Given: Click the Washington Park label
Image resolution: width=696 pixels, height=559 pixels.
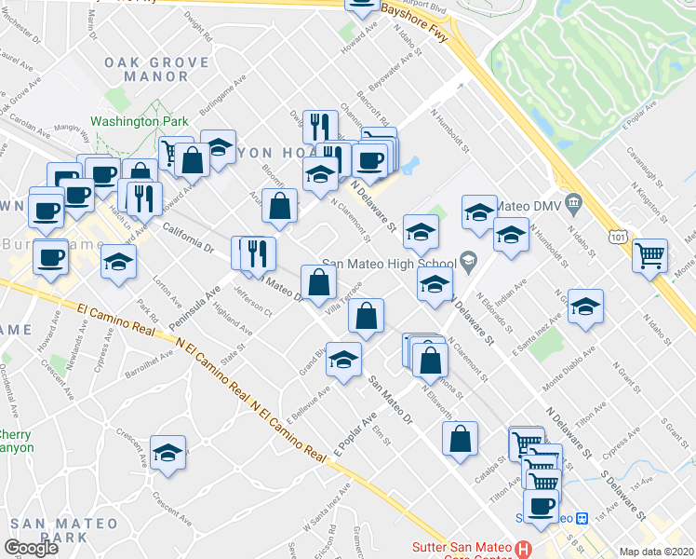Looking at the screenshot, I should click(x=140, y=121).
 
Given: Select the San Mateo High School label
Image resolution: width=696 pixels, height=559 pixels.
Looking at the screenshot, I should click(x=388, y=264).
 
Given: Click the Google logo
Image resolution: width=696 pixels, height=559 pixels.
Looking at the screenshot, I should click(x=31, y=548).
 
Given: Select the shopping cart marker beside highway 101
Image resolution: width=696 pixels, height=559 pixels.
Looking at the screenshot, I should click(x=649, y=254).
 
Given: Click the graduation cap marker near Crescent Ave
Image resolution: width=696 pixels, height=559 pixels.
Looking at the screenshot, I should click(x=167, y=454).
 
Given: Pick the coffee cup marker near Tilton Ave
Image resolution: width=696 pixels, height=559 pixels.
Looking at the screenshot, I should click(x=541, y=505).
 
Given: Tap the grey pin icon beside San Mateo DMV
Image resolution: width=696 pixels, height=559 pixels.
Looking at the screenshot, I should click(x=574, y=203).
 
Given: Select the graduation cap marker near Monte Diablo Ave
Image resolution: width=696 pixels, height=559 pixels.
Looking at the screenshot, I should click(x=585, y=307).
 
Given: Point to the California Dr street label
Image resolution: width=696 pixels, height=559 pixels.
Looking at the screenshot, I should click(x=188, y=237).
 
